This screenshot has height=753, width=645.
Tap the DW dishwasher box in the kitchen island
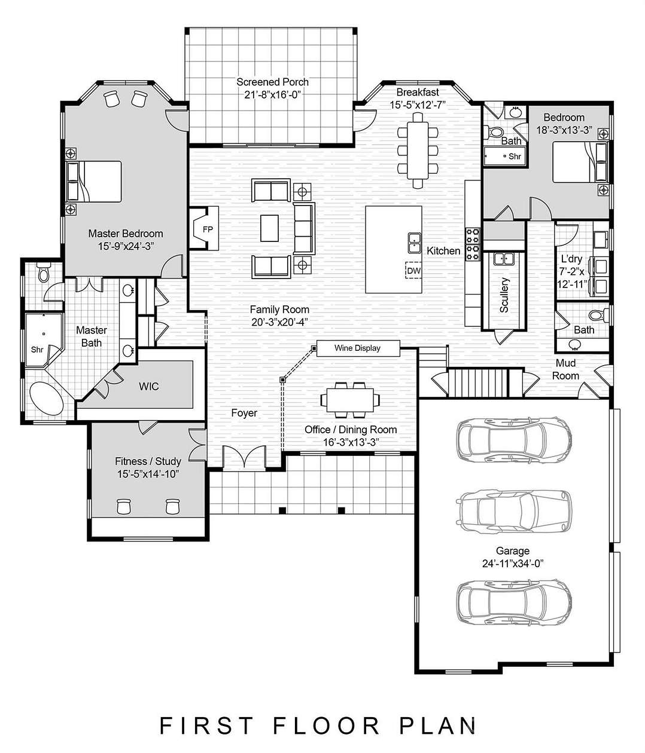[x=413, y=271]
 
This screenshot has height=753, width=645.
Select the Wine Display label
[x=357, y=348]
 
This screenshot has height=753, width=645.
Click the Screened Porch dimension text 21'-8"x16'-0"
[x=272, y=94]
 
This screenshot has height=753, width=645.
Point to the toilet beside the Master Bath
[x=42, y=274]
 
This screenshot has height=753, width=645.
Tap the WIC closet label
[x=148, y=387]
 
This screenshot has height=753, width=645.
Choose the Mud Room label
[x=565, y=369]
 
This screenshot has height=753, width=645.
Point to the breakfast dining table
[x=418, y=150]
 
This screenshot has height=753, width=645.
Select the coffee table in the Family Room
[x=269, y=227]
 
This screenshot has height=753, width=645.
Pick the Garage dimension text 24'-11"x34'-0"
[x=513, y=563]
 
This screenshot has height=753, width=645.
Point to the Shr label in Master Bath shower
[x=37, y=350]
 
